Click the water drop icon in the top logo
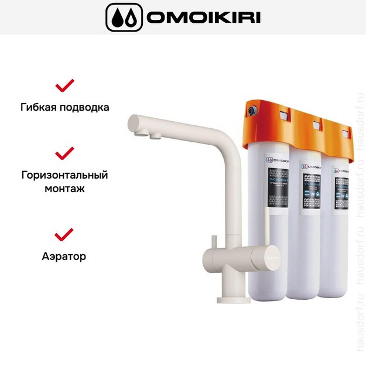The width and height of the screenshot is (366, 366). click(x=124, y=18)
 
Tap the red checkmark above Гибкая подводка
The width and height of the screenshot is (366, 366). click(x=64, y=85)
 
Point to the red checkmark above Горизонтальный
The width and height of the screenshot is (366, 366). click(x=64, y=153)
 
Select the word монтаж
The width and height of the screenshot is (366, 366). click(x=64, y=189)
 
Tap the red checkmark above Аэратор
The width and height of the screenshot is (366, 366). click(x=64, y=234)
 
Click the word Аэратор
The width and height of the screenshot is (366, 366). click(x=64, y=256)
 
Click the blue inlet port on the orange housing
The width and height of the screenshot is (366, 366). click(x=251, y=111)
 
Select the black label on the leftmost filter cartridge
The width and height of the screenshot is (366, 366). click(x=278, y=186)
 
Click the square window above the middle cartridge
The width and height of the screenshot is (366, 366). click(x=315, y=124)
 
